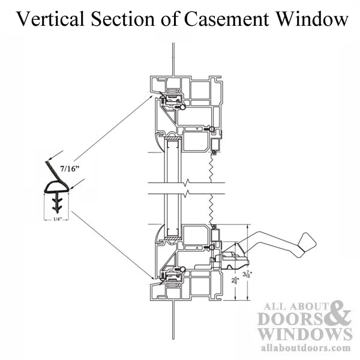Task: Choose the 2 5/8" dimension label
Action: pyautogui.click(x=235, y=280)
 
